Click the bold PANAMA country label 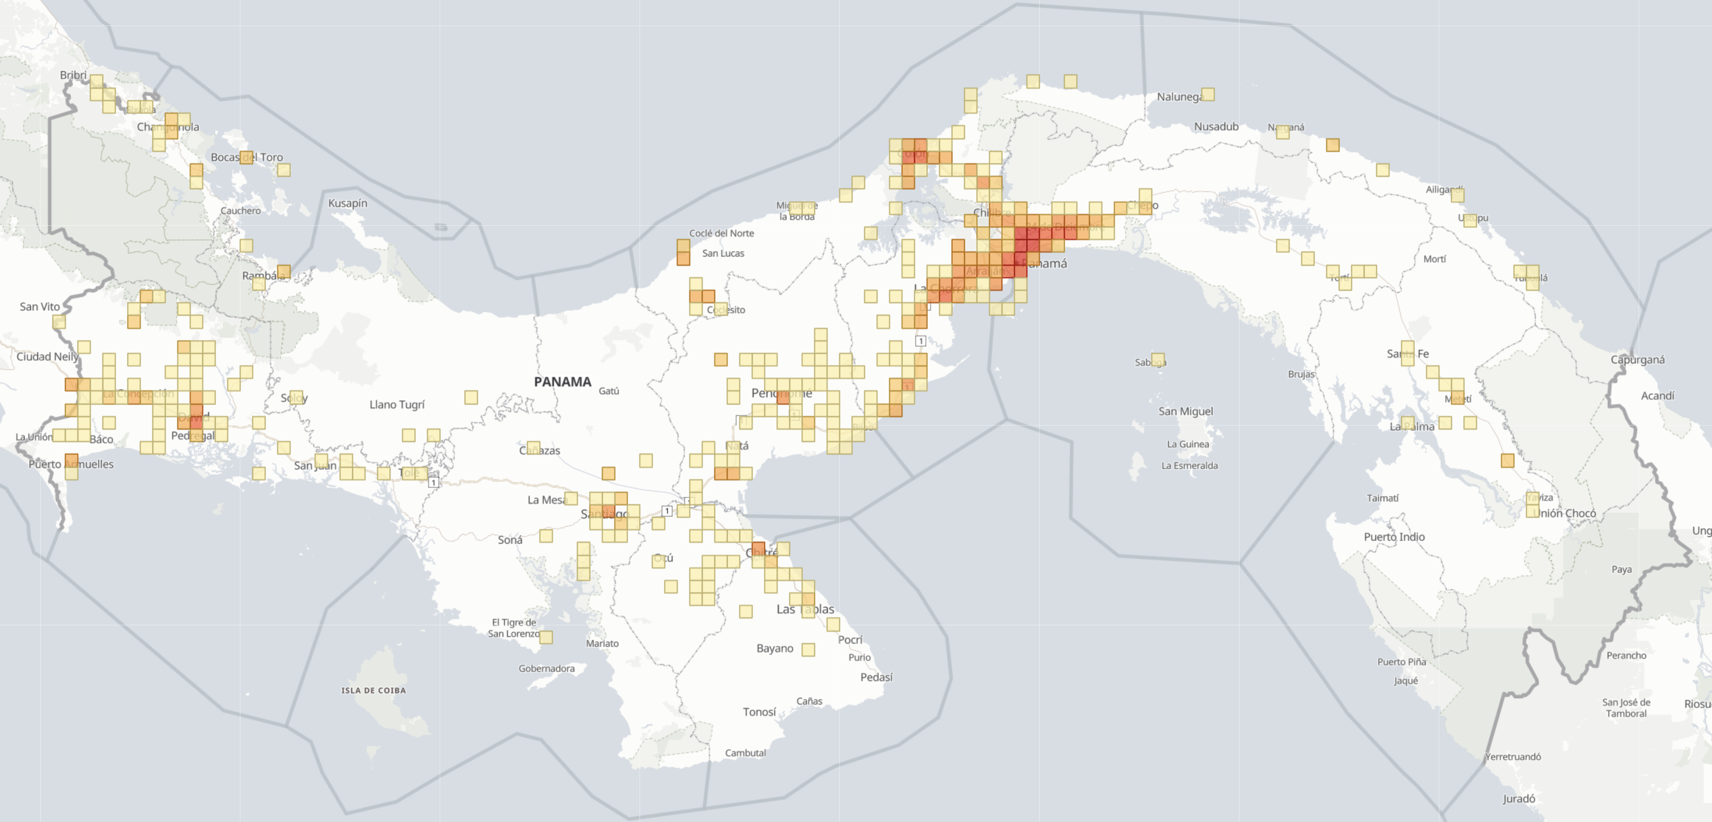coord(562,382)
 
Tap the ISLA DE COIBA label coord(374,690)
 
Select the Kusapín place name coord(348,203)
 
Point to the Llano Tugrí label coord(397,405)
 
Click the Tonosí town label coord(759,712)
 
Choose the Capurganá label coord(1638,359)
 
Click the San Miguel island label coord(1185,412)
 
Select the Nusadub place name coord(1216,126)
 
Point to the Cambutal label coord(745,753)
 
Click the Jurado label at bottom coord(1518,799)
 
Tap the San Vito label coord(40,306)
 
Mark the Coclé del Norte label coord(721,233)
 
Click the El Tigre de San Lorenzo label coord(514,628)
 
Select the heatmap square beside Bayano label coord(808,649)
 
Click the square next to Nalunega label coord(1208,94)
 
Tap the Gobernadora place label coord(546,669)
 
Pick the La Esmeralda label coord(1190,466)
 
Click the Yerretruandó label coord(1513,757)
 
